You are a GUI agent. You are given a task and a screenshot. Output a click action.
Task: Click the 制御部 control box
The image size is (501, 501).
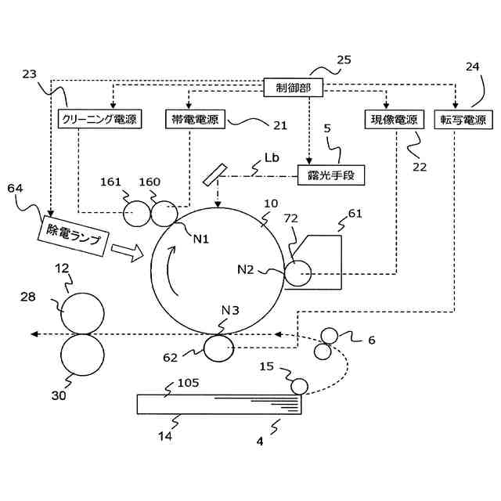pos(293,87)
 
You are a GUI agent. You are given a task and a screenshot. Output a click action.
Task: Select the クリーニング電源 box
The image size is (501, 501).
pos(99,119)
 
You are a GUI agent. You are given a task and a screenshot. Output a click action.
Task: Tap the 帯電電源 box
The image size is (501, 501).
pos(195,119)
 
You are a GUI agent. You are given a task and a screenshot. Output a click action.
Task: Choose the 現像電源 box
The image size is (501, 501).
pos(395,120)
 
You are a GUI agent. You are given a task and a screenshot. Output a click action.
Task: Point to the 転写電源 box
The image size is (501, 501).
pos(463,120)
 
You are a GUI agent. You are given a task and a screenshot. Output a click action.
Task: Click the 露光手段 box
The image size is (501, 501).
pos(331,175)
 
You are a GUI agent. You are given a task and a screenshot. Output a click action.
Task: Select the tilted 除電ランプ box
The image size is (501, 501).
pos(73,236)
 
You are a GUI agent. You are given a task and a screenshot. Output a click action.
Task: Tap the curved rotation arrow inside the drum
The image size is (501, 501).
pos(170,270)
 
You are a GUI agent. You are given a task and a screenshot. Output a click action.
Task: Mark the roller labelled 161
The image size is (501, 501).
pos(136,214)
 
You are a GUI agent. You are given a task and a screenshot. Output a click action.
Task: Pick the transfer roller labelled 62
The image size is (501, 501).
pos(218,348)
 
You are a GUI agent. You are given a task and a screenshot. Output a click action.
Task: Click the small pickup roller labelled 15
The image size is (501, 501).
pos(299,386)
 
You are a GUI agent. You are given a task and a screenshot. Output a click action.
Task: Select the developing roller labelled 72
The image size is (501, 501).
pos(297,273)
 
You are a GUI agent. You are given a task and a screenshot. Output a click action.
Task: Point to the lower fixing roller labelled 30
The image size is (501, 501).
pos(82,355)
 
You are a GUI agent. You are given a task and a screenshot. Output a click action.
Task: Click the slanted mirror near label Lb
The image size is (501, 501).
pos(214,174)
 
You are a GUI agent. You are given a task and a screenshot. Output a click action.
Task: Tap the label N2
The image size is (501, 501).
pos(245,270)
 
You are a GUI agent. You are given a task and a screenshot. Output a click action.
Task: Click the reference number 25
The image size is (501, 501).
pos(344,59)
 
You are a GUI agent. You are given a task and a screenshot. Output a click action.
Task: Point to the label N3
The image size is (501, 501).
pos(230,310)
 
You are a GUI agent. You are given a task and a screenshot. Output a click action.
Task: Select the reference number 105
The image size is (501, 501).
pos(188,383)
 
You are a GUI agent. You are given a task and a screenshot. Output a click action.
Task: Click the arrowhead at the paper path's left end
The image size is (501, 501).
pos(34,334)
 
